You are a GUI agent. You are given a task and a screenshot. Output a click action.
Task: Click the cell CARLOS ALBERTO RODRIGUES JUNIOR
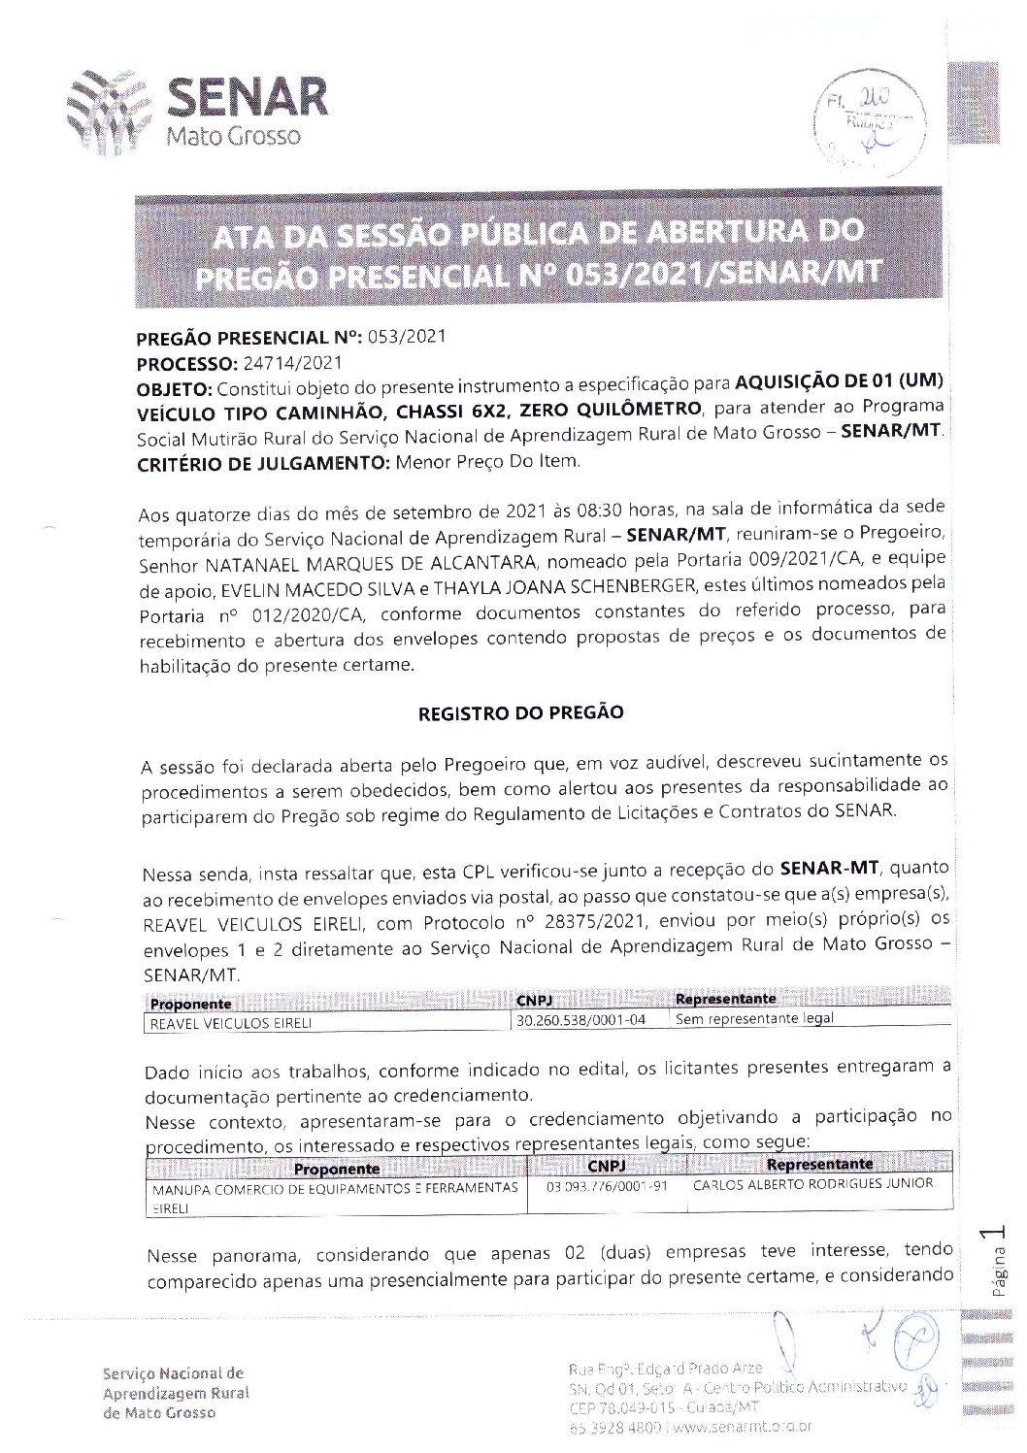[812, 1184]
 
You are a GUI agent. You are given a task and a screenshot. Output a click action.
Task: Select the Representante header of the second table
[819, 1164]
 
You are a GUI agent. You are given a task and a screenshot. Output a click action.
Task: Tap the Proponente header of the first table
[190, 1005]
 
